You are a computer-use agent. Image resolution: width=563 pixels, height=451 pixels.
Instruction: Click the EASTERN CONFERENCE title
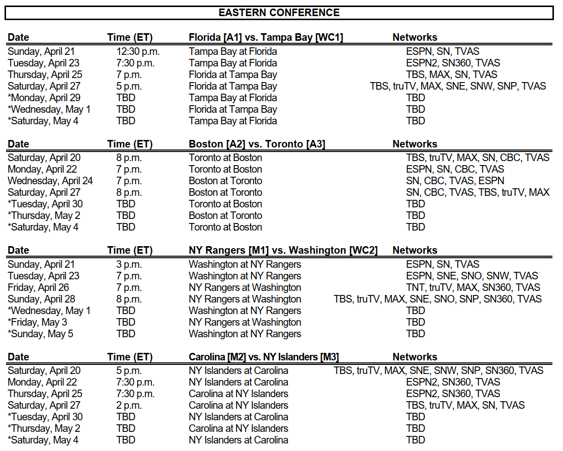click(x=279, y=13)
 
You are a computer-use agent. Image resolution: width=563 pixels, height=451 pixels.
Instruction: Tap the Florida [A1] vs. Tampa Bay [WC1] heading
click(x=266, y=37)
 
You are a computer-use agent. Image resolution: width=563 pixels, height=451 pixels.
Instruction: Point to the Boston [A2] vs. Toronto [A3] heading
click(x=257, y=144)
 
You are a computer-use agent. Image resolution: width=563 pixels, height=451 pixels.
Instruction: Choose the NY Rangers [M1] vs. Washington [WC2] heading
click(x=283, y=250)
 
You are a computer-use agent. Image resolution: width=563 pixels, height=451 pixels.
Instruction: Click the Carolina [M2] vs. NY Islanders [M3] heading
click(x=264, y=357)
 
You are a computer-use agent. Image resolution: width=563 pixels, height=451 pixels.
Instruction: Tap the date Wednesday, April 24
click(x=50, y=181)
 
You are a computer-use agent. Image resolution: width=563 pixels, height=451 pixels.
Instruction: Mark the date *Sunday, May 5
click(x=40, y=334)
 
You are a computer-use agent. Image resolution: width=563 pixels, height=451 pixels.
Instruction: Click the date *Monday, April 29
click(x=44, y=98)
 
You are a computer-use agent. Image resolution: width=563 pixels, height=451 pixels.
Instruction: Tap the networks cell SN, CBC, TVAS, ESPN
click(x=455, y=181)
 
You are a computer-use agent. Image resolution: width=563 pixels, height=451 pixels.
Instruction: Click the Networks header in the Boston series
click(x=415, y=144)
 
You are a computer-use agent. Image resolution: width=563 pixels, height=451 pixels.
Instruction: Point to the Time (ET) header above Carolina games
click(x=129, y=357)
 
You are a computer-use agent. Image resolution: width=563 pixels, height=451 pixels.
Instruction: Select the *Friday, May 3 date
click(x=37, y=322)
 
